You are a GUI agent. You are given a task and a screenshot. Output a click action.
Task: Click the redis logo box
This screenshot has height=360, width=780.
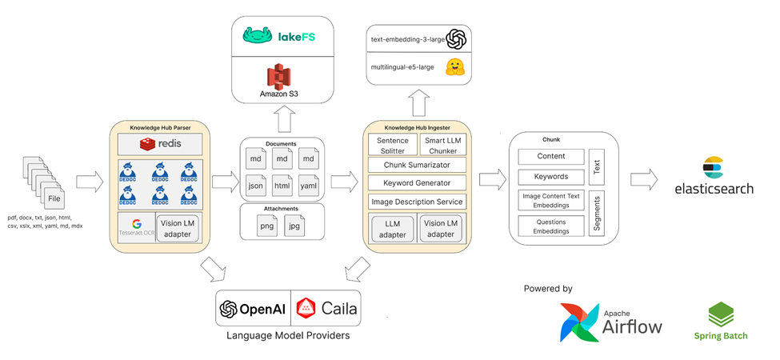coord(160,144)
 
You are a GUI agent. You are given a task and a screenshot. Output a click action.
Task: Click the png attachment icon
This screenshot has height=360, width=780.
coord(266,225)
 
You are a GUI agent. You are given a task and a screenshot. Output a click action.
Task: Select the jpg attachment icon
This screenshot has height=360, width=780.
coord(294,225)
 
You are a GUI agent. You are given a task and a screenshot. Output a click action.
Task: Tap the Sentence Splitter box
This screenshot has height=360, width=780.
coord(392,145)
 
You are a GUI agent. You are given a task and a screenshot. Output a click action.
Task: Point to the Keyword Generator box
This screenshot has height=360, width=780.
coord(416,182)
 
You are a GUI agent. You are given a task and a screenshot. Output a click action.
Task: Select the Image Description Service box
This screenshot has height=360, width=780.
coord(416,202)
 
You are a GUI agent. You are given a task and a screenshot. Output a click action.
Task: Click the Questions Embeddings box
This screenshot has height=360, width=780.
coord(552,226)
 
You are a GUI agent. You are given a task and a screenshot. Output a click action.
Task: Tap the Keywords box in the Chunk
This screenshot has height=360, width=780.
coord(552,177)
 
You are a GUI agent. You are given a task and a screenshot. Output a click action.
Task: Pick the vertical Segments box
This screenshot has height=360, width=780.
coord(597,212)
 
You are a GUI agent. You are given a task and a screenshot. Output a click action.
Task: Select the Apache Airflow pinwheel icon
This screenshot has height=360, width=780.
coord(578,322)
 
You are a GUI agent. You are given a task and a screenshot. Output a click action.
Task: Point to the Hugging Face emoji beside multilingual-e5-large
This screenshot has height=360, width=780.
coord(456,67)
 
